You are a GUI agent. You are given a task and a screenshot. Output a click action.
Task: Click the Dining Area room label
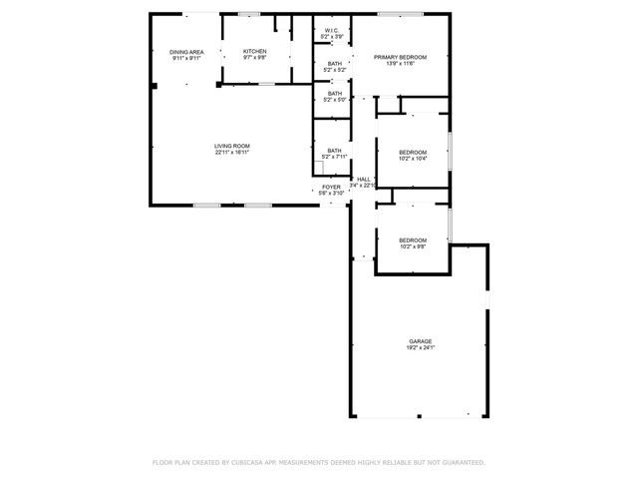[186, 52]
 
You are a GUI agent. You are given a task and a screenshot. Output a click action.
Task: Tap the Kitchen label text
[255, 51]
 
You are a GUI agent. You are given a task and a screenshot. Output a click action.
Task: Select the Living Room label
[231, 147]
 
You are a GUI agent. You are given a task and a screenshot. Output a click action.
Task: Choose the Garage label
[420, 341]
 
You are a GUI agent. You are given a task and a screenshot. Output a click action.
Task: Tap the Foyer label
[331, 187]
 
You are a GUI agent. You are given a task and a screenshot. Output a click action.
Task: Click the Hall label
[364, 180]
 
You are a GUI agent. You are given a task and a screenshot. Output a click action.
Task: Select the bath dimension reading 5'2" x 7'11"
[334, 157]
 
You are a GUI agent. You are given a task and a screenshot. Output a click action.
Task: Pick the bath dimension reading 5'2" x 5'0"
[334, 100]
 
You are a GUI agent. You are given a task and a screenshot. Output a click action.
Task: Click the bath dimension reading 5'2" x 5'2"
[334, 70]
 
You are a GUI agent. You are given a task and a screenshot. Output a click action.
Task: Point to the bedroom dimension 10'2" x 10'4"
[413, 158]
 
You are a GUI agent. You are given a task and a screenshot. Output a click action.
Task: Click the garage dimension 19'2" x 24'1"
[420, 348]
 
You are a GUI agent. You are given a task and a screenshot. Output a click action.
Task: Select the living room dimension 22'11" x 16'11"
[231, 153]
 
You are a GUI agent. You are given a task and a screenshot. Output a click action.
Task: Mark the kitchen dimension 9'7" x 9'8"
[255, 58]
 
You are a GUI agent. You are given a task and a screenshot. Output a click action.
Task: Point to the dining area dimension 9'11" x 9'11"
[186, 59]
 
